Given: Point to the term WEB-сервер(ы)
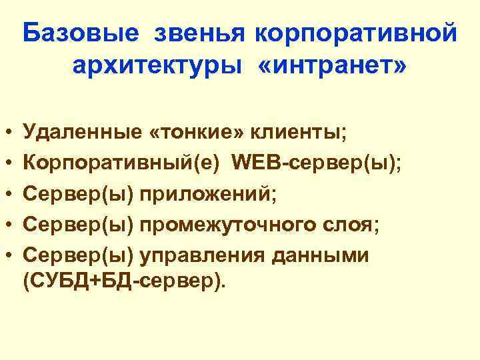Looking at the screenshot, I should coord(316,164).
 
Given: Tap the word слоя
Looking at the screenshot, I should coord(352,225).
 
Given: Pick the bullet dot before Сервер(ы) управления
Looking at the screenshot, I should coord(7,256).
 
